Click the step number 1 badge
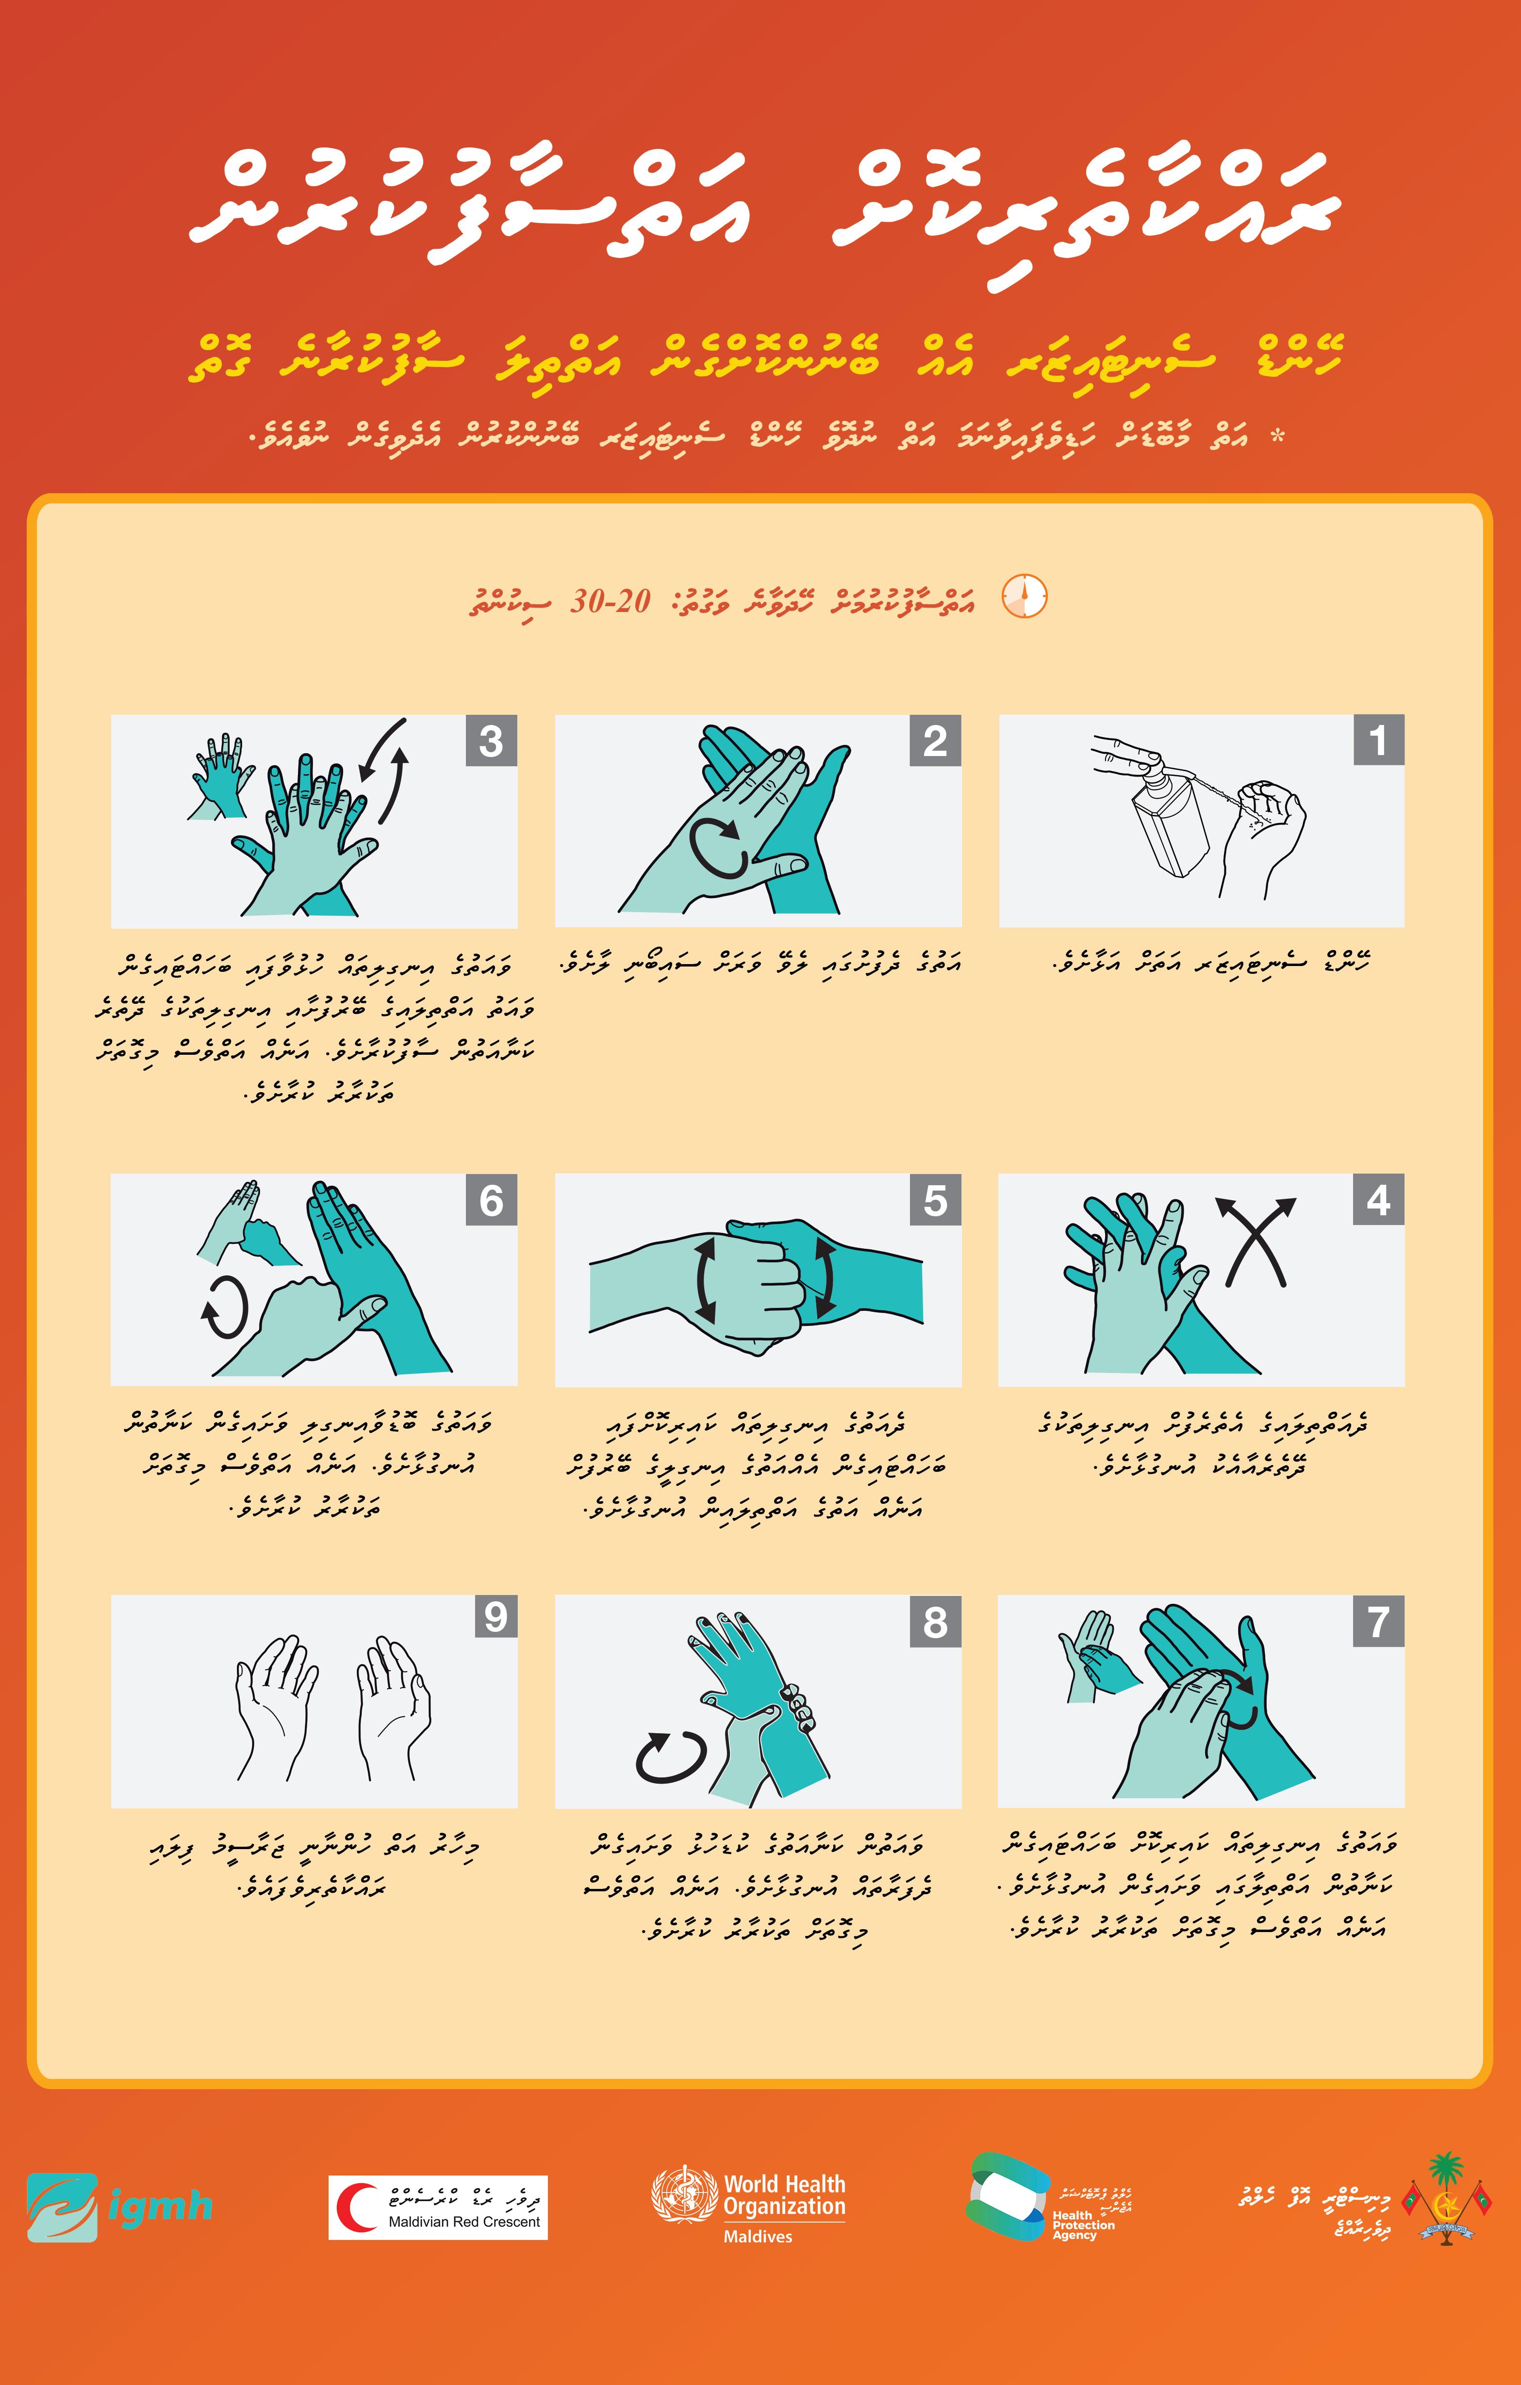1378,740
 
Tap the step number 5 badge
935,1199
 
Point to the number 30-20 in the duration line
611,600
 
